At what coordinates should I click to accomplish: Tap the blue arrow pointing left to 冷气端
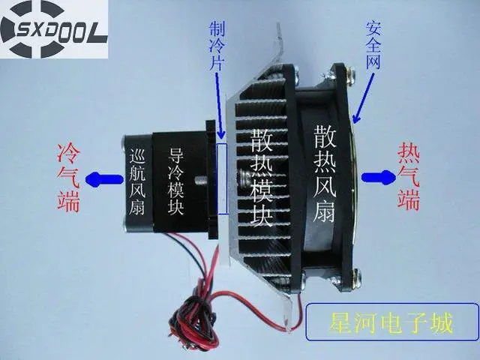point(104,178)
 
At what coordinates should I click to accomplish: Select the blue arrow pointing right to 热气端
point(379,178)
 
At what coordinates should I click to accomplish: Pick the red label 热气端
point(409,177)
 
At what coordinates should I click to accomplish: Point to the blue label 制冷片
point(217,46)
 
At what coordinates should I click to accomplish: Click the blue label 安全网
point(373,45)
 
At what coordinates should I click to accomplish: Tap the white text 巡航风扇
point(137,181)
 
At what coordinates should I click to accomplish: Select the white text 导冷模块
point(175,181)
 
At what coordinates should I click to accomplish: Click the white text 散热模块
point(262,178)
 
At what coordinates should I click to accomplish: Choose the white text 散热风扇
point(325,174)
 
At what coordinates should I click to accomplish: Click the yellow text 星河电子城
point(391,322)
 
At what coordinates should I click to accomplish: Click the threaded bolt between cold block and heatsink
point(201,180)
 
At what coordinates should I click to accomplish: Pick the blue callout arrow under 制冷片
point(220,105)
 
